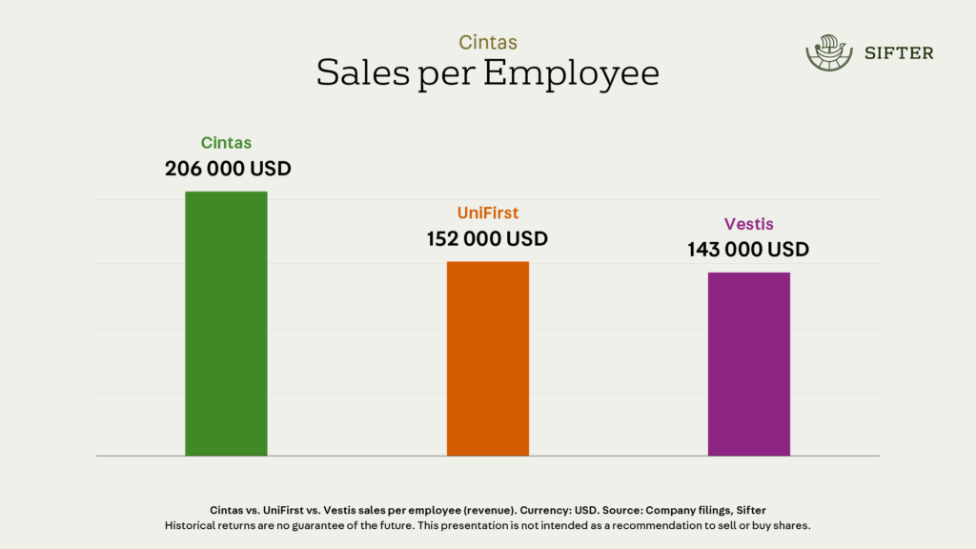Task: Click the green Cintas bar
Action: coord(226,324)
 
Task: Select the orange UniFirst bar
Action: coord(487,358)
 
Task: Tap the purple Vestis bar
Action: coord(748,364)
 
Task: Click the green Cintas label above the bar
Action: coord(226,143)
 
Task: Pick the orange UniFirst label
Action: coord(487,213)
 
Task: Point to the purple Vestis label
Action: coord(748,225)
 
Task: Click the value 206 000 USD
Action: coord(228,169)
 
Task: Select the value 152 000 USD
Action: coord(487,238)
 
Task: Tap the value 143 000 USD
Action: coord(748,250)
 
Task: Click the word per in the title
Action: coord(446,76)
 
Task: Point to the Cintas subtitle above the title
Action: coord(487,42)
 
